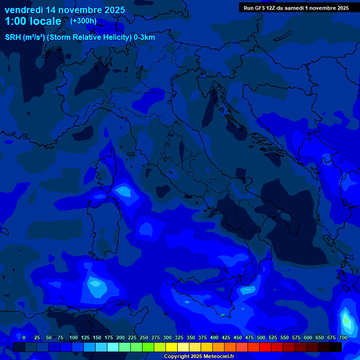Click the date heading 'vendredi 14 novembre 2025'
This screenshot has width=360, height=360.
pyautogui.click(x=65, y=10)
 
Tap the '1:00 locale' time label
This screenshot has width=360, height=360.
pyautogui.click(x=33, y=22)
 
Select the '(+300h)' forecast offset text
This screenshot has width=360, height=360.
pyautogui.click(x=83, y=21)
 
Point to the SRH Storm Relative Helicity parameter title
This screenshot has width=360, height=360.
pyautogui.click(x=80, y=37)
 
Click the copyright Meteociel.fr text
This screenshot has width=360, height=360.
pyautogui.click(x=199, y=357)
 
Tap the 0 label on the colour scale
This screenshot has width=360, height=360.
pyautogui.click(x=24, y=337)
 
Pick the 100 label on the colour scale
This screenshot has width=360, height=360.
pyautogui.click(x=74, y=337)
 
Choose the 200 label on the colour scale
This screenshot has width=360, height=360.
pyautogui.click(x=120, y=337)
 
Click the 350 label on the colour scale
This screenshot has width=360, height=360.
pyautogui.click(x=191, y=337)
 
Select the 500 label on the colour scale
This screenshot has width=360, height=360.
pyautogui.click(x=261, y=337)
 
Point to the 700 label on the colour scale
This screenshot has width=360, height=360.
pyautogui.click(x=343, y=337)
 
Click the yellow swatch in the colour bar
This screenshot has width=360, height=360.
pyautogui.click(x=172, y=347)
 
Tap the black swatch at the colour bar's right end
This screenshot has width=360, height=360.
pyautogui.click(x=336, y=347)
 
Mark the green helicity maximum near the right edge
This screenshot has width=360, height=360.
pyautogui.click(x=346, y=321)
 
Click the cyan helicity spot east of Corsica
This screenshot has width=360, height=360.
pyautogui.click(x=124, y=191)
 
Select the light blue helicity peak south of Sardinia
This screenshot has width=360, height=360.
pyautogui.click(x=96, y=284)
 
